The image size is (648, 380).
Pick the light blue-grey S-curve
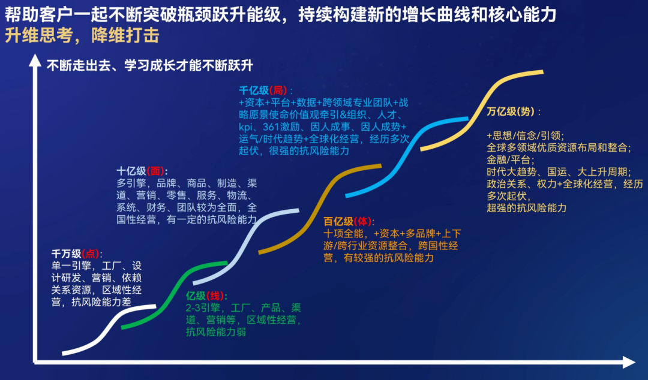coord(246,248)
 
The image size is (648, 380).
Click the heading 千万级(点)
coord(77,254)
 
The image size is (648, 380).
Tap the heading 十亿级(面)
coord(142,171)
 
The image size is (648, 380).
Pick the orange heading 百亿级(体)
coord(349,222)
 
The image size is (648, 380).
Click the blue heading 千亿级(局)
coord(265,91)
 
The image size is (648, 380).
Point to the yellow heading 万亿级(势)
coord(513,111)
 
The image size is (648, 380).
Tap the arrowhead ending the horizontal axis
coord(629,362)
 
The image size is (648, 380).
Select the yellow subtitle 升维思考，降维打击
coord(82,36)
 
